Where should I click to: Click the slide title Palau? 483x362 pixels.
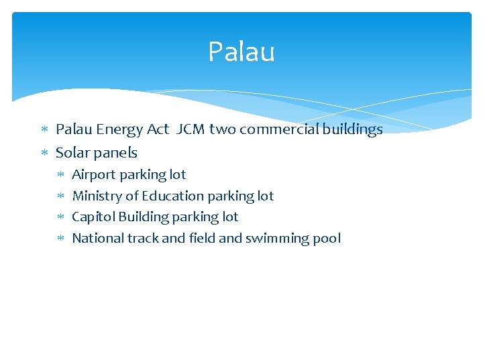click(241, 52)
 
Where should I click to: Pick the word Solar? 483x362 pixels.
click(72, 153)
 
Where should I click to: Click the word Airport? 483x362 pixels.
click(93, 175)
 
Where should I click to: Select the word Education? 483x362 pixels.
click(172, 196)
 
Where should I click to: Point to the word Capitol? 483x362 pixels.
click(93, 217)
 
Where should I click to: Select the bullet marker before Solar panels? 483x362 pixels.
click(46, 153)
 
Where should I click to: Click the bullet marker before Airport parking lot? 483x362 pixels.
click(60, 175)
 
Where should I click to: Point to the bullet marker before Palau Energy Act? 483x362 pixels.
click(46, 129)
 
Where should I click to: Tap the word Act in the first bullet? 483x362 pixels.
click(157, 129)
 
